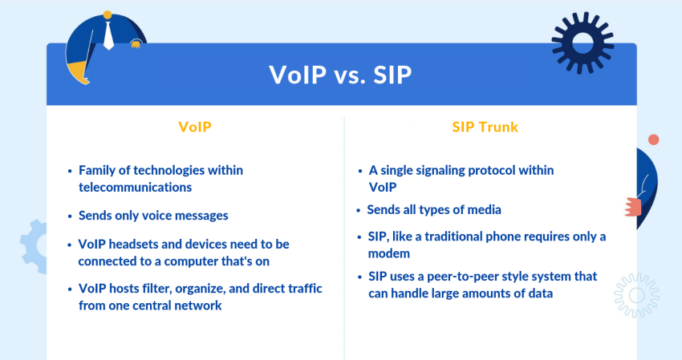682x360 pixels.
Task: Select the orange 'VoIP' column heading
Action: (195, 127)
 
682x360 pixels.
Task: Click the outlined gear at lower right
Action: (637, 294)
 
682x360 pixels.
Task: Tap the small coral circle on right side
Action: (653, 140)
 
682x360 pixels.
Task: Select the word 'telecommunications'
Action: (135, 187)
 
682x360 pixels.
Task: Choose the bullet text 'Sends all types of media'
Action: (434, 210)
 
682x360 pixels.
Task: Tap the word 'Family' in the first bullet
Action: (98, 171)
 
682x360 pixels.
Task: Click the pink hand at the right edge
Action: (633, 207)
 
